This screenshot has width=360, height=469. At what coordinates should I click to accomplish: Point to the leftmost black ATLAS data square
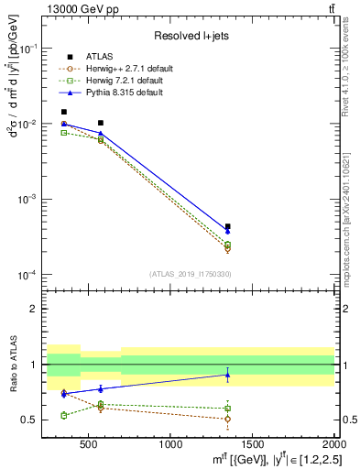click(x=63, y=112)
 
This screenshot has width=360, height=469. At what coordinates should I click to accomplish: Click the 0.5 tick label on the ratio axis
click(x=34, y=420)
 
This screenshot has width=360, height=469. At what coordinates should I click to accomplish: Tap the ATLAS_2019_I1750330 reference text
click(x=190, y=274)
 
